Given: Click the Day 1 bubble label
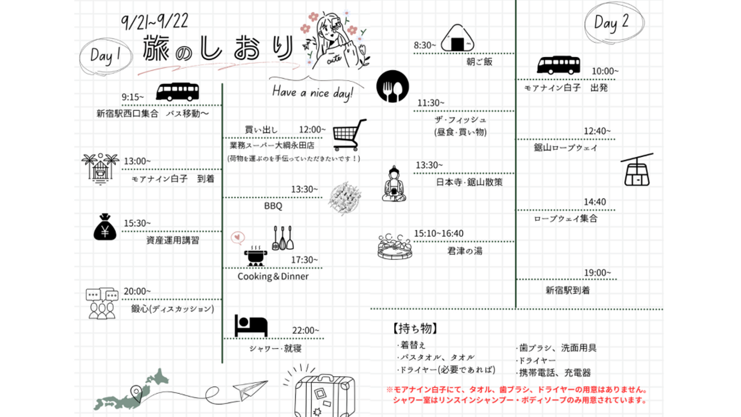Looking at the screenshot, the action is click(105, 55).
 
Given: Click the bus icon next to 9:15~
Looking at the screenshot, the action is click(177, 92).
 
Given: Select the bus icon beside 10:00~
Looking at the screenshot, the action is click(558, 65).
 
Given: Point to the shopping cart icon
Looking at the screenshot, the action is click(349, 135).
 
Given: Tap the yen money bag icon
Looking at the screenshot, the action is click(105, 228).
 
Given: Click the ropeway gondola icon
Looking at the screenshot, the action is click(637, 170).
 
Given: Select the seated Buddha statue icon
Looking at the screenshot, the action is click(394, 184).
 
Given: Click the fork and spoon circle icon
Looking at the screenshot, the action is click(393, 86).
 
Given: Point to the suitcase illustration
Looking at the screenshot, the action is click(324, 395).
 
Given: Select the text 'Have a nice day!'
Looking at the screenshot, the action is click(313, 93).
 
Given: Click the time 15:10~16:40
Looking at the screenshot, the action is click(438, 234).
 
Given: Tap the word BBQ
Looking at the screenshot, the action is click(273, 206).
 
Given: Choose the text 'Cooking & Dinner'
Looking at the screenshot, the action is click(273, 276).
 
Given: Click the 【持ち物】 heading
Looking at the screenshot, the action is click(415, 328).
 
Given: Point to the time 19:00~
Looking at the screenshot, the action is click(597, 272).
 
